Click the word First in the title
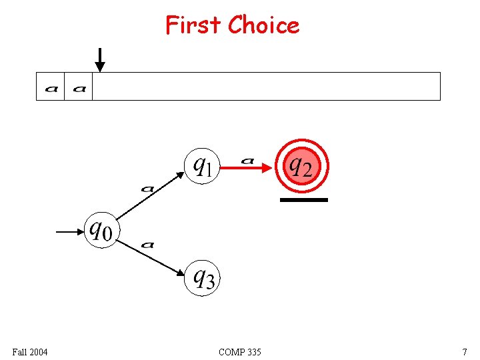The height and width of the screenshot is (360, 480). [x=193, y=25]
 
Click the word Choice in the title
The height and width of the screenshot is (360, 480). [x=263, y=25]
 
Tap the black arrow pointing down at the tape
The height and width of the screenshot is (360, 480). [x=99, y=59]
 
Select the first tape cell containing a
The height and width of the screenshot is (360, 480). [x=51, y=87]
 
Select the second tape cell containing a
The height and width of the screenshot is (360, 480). [x=79, y=87]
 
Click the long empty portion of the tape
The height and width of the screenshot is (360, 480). [x=266, y=87]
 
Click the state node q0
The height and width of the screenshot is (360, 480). [x=101, y=231]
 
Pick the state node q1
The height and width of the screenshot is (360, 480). [x=201, y=165]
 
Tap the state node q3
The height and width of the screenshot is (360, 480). [x=202, y=277]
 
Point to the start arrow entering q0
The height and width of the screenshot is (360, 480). [x=69, y=232]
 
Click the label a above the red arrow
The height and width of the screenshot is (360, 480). [x=247, y=160]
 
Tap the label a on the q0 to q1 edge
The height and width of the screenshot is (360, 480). [x=147, y=189]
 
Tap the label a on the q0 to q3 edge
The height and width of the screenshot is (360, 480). [x=147, y=245]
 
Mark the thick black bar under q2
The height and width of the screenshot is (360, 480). [x=303, y=199]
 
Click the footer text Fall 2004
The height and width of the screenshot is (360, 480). [x=30, y=351]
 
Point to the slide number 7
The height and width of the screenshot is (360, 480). [x=464, y=351]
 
